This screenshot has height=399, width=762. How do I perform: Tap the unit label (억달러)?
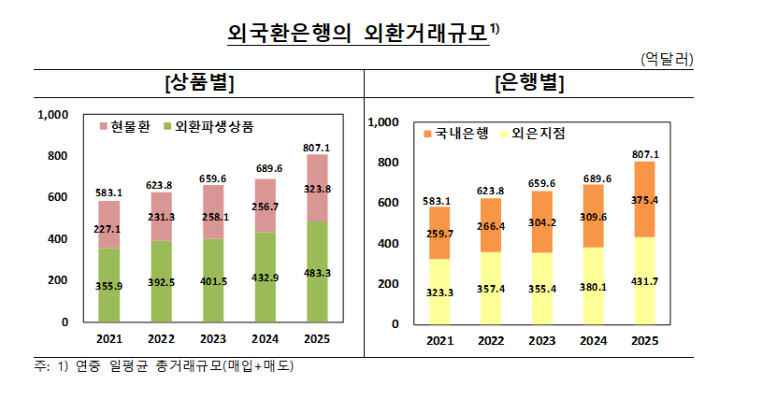(x=667, y=59)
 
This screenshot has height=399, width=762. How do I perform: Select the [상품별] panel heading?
(x=197, y=82)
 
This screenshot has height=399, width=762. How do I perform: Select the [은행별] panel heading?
(x=529, y=82)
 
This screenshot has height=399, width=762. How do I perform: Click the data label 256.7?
(x=266, y=207)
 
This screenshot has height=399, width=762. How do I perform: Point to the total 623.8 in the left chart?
(x=160, y=185)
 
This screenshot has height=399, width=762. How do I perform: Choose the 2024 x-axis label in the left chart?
(x=266, y=339)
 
